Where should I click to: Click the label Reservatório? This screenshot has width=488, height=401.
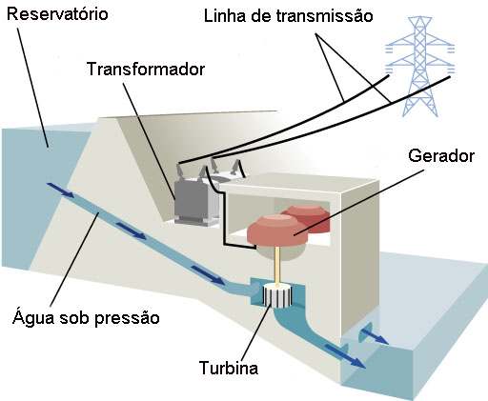click(57, 15)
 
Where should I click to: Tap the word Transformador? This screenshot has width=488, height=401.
click(146, 69)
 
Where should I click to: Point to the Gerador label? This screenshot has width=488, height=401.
click(441, 156)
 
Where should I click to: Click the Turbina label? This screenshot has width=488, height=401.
click(229, 368)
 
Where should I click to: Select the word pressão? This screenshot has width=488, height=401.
click(127, 318)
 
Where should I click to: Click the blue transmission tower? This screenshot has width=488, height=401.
click(419, 67)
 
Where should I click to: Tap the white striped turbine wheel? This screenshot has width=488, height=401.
click(277, 296)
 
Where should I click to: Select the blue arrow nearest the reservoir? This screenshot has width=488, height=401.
click(60, 190)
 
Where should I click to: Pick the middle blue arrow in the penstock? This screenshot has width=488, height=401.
click(132, 231)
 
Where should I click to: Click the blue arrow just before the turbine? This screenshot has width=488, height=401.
click(208, 274)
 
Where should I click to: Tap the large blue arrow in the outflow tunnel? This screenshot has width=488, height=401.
click(345, 355)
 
